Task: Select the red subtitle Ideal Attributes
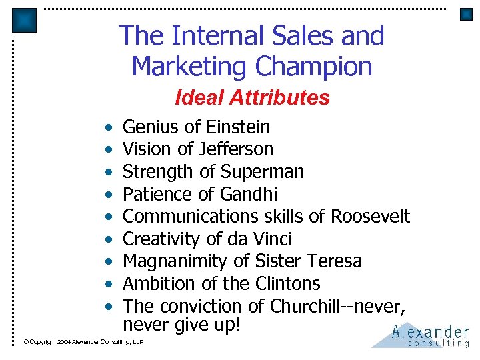(252, 98)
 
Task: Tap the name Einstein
(238, 127)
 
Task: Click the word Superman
(262, 171)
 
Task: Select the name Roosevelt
(371, 216)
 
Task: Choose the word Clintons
(288, 283)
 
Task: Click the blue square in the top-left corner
(25, 20)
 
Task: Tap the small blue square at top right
(466, 15)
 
